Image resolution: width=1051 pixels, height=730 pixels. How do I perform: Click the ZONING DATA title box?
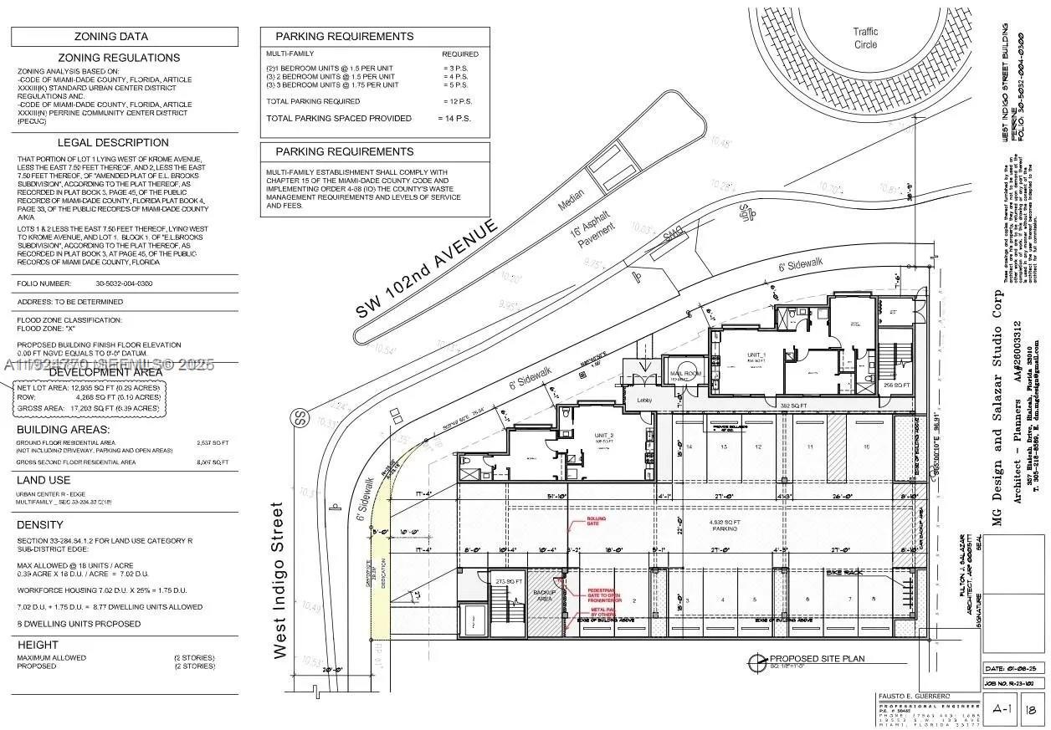[x=124, y=37]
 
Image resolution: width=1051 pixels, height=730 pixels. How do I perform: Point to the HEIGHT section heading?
[x=38, y=645]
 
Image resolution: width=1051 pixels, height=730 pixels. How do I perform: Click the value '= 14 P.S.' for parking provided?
[x=454, y=119]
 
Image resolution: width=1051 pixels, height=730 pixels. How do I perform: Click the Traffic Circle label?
[x=865, y=38]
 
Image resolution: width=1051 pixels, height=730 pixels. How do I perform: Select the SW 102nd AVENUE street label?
[x=427, y=268]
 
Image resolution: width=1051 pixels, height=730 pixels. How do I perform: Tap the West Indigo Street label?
[x=279, y=580]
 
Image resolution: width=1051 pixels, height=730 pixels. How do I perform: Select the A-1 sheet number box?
[x=1000, y=709]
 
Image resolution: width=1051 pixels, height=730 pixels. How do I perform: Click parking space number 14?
[x=690, y=447]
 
